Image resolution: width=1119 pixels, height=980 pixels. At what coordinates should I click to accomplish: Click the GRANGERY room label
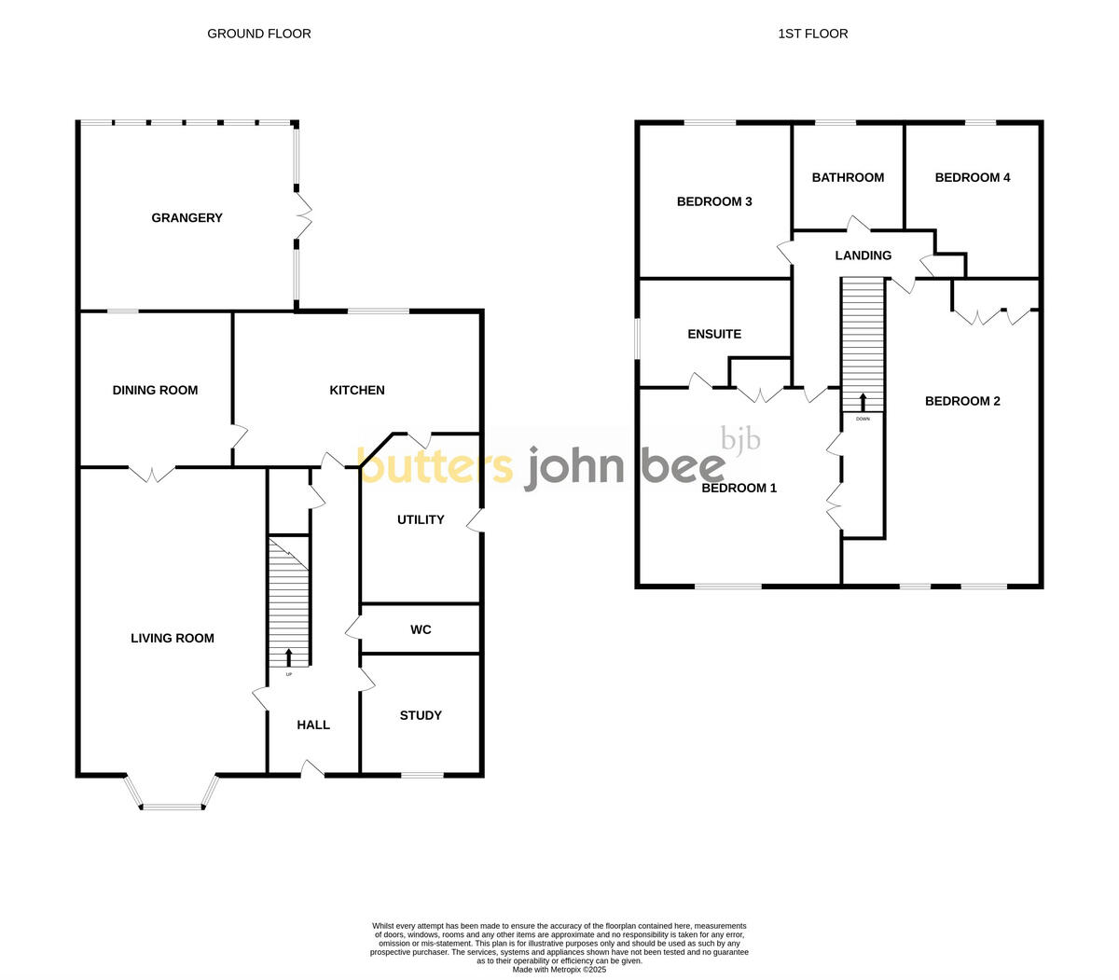186,218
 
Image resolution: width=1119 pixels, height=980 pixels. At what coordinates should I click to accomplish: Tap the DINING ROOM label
155,391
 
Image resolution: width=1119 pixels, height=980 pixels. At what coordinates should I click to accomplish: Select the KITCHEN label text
357,391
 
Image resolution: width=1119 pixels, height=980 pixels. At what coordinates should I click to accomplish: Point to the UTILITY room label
421,520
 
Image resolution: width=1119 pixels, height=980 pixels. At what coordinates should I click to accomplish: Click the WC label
421,630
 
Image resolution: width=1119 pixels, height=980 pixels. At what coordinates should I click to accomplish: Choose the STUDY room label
421,716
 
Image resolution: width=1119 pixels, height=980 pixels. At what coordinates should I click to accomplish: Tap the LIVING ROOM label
173,639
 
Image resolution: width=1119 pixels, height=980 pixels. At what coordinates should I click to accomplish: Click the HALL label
313,725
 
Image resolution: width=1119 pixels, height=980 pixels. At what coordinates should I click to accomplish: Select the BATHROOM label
848,178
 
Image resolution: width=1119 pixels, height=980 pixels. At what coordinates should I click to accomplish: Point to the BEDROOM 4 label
973,178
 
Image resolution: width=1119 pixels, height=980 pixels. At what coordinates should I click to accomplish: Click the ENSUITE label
714,335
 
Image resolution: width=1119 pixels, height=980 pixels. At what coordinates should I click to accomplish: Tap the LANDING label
863,255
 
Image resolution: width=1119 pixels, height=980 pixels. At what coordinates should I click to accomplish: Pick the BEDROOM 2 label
962,402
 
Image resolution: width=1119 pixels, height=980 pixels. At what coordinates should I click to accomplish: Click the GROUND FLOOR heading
259,34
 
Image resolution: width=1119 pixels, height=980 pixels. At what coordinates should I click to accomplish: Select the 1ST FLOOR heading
813,34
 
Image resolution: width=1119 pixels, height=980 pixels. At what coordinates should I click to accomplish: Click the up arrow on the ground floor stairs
288,657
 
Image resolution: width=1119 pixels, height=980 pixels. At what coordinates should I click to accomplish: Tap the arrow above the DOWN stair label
863,402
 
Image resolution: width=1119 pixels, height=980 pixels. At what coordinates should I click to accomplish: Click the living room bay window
172,806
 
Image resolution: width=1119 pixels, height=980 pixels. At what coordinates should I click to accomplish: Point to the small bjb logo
741,439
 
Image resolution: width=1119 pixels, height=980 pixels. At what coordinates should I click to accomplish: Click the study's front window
422,775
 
